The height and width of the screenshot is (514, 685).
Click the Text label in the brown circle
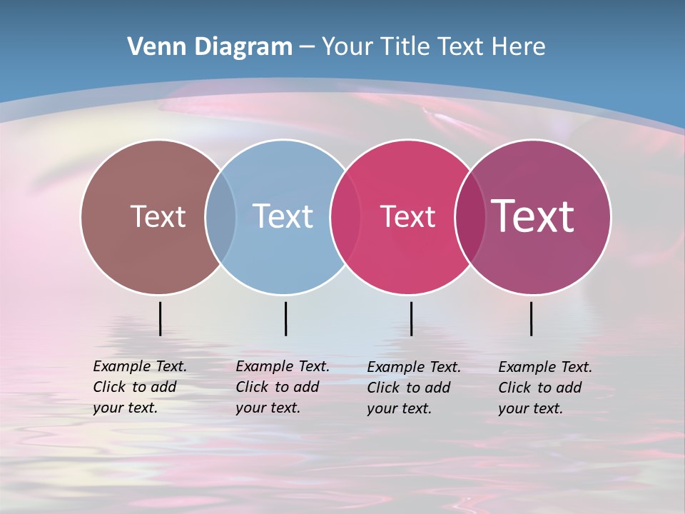(x=158, y=216)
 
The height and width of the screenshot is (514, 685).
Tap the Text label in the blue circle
(x=283, y=216)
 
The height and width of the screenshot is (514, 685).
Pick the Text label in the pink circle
(x=407, y=216)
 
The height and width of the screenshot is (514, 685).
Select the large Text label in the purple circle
(x=532, y=216)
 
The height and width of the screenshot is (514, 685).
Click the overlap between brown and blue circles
(x=220, y=216)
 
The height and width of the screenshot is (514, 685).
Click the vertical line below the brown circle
(x=160, y=318)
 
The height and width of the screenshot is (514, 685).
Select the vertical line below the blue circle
(x=285, y=318)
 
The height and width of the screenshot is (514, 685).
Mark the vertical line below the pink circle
(x=411, y=318)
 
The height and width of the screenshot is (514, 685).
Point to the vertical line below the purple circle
(x=532, y=318)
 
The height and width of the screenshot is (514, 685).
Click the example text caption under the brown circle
(x=140, y=387)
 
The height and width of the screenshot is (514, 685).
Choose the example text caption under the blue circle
(x=283, y=387)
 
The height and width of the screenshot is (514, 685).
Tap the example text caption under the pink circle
(x=414, y=388)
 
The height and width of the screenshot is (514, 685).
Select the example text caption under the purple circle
(x=545, y=388)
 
